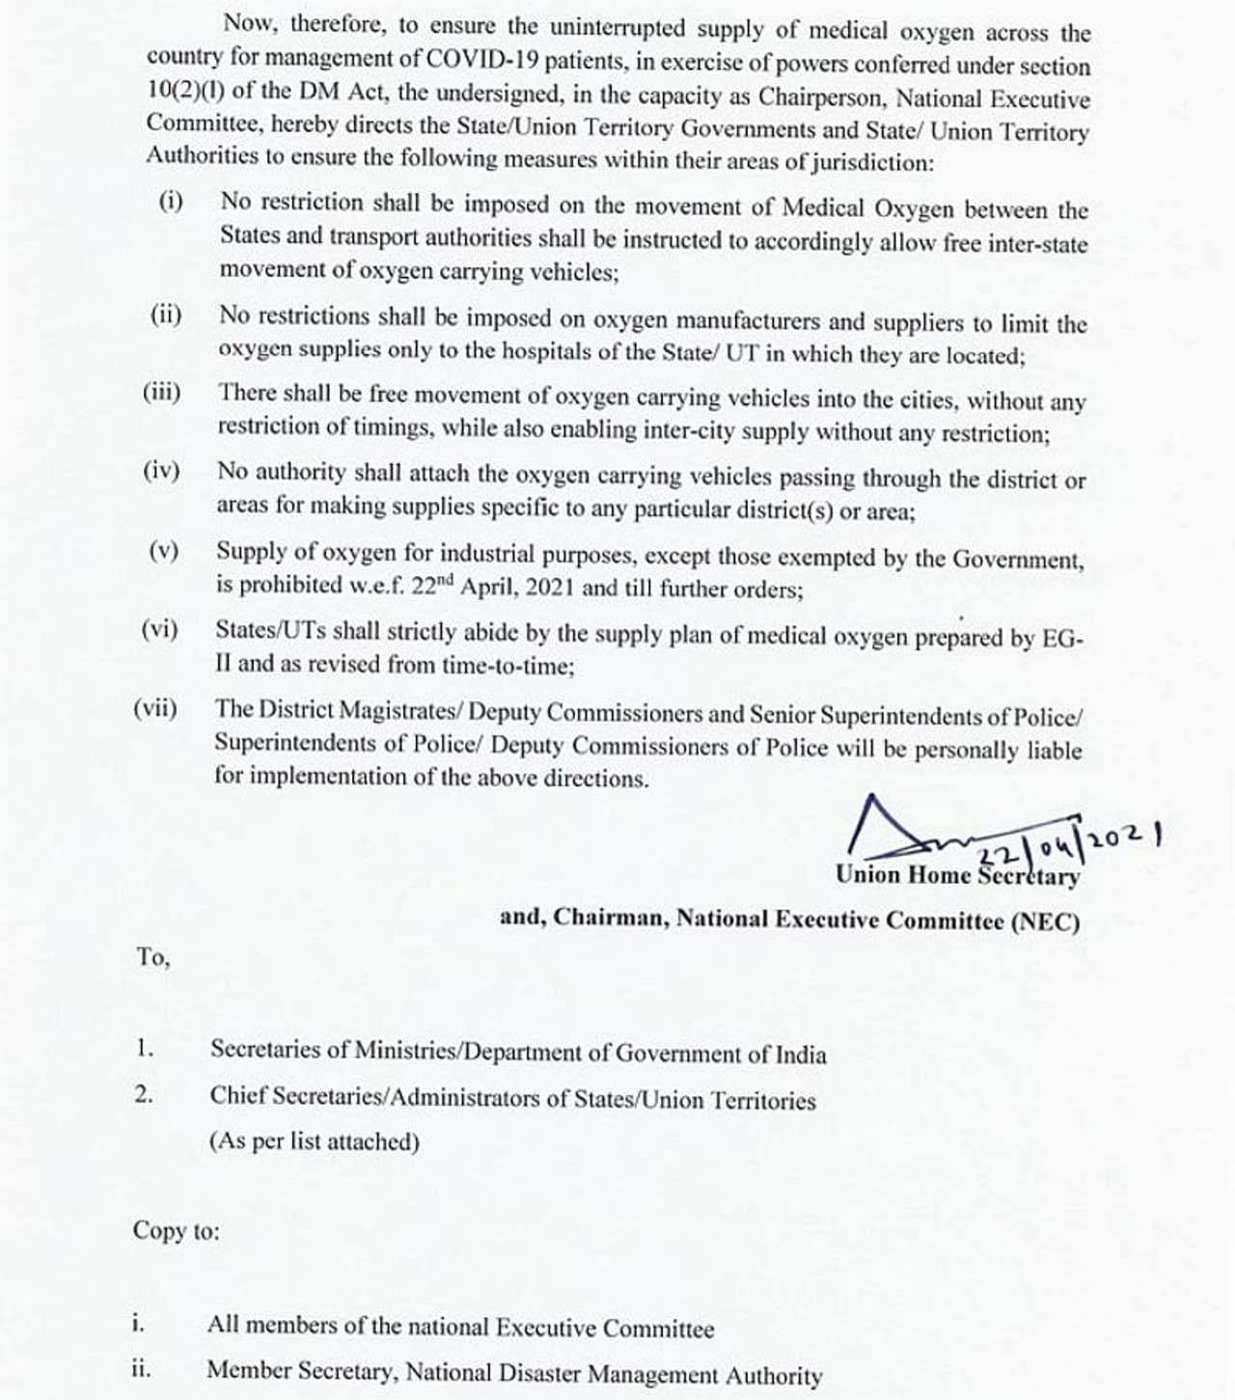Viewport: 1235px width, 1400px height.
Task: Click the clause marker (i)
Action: pyautogui.click(x=171, y=201)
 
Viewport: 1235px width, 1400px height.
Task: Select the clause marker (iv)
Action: pyautogui.click(x=161, y=471)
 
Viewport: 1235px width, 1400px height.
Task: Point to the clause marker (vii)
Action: pyautogui.click(x=155, y=708)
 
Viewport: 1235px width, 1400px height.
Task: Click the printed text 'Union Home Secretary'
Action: pyautogui.click(x=957, y=876)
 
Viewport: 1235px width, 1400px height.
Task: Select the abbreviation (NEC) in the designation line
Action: pyautogui.click(x=1045, y=921)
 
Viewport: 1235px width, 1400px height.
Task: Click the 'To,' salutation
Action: pyautogui.click(x=152, y=957)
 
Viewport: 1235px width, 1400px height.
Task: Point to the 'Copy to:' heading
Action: pyautogui.click(x=176, y=1231)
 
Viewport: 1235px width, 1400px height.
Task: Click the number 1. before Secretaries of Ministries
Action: pyautogui.click(x=145, y=1048)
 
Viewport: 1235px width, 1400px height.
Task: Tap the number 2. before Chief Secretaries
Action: pyautogui.click(x=144, y=1094)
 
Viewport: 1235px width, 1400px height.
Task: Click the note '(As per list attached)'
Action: pyautogui.click(x=315, y=1141)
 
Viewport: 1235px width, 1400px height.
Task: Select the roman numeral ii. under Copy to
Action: pyautogui.click(x=141, y=1368)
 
